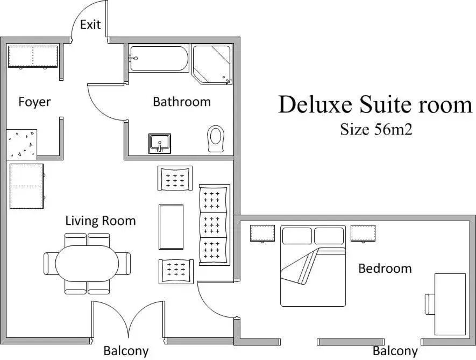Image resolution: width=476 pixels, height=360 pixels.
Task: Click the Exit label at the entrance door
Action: [x=90, y=24]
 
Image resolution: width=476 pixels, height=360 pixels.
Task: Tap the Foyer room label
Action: [x=34, y=102]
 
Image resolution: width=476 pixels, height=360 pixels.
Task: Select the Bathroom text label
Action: [x=182, y=102]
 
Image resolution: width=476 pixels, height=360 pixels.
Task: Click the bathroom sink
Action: [x=160, y=144]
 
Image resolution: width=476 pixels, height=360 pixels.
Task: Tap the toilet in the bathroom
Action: [x=216, y=139]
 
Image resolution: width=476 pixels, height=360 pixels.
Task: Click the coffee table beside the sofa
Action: [x=171, y=227]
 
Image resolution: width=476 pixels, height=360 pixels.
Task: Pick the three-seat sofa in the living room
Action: [x=214, y=224]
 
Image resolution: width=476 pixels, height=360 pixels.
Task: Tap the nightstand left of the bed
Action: [x=262, y=233]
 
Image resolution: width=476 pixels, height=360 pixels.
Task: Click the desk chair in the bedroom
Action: [x=429, y=304]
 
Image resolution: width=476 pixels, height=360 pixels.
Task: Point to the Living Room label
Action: [x=101, y=221]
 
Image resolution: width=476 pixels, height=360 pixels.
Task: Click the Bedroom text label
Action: [x=385, y=268]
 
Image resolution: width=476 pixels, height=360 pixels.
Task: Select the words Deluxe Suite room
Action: [x=375, y=104]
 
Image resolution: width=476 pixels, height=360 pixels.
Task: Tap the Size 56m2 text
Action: [x=376, y=129]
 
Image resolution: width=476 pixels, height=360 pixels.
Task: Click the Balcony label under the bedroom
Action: [x=395, y=351]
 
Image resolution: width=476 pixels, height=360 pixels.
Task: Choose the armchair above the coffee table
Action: [x=175, y=178]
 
